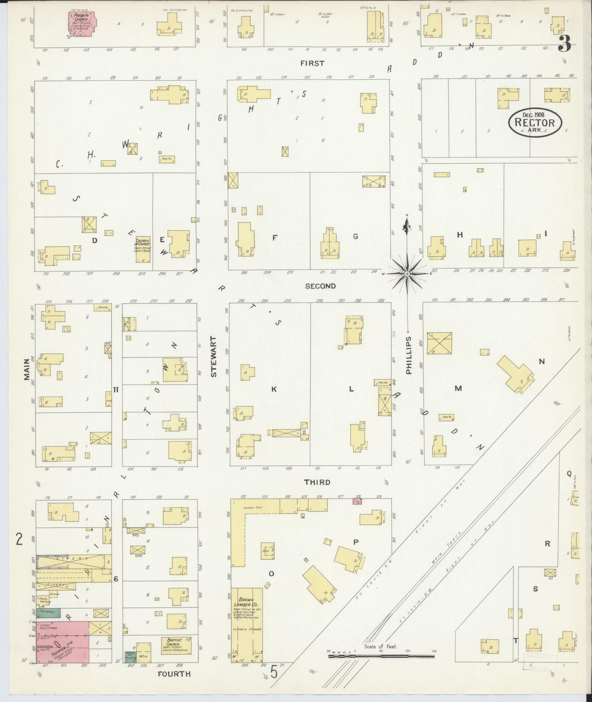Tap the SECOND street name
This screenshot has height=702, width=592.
[x=320, y=286]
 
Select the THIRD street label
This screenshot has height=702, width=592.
[x=317, y=482]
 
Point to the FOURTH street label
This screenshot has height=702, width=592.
[x=174, y=673]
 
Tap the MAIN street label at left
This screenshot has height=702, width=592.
[x=27, y=369]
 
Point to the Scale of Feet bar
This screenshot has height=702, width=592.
[x=381, y=656]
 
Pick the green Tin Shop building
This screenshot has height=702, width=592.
[x=48, y=613]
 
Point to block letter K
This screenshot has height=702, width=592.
[x=274, y=389]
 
